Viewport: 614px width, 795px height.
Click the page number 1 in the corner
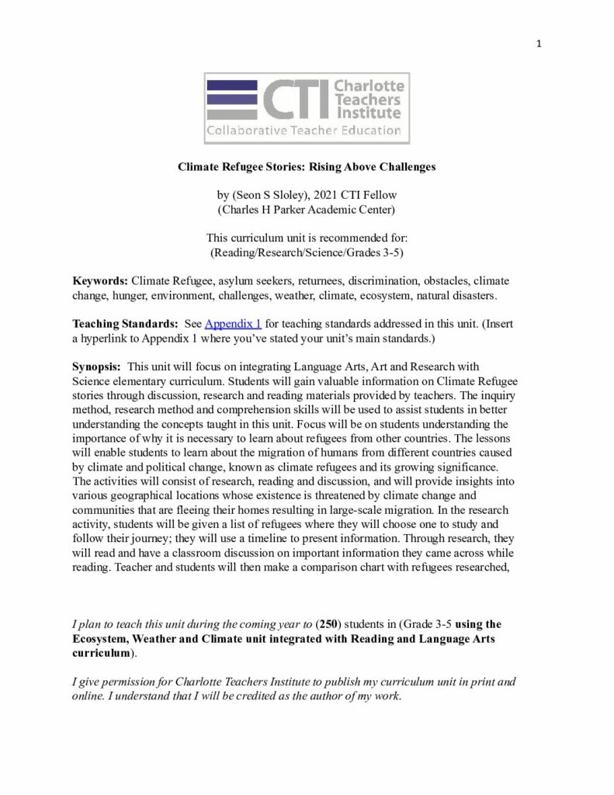point(538,43)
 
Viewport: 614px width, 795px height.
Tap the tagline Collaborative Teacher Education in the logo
point(303,130)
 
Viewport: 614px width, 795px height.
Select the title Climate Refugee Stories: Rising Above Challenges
point(307,166)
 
